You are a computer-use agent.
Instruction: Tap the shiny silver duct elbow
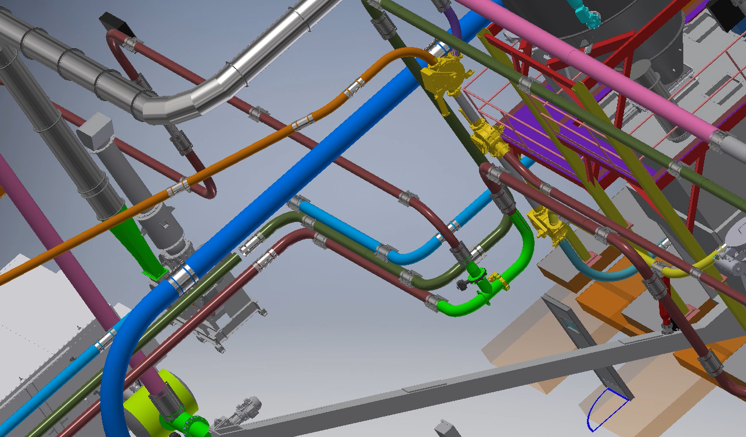click(174, 105)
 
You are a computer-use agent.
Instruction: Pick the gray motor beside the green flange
click(247, 407)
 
